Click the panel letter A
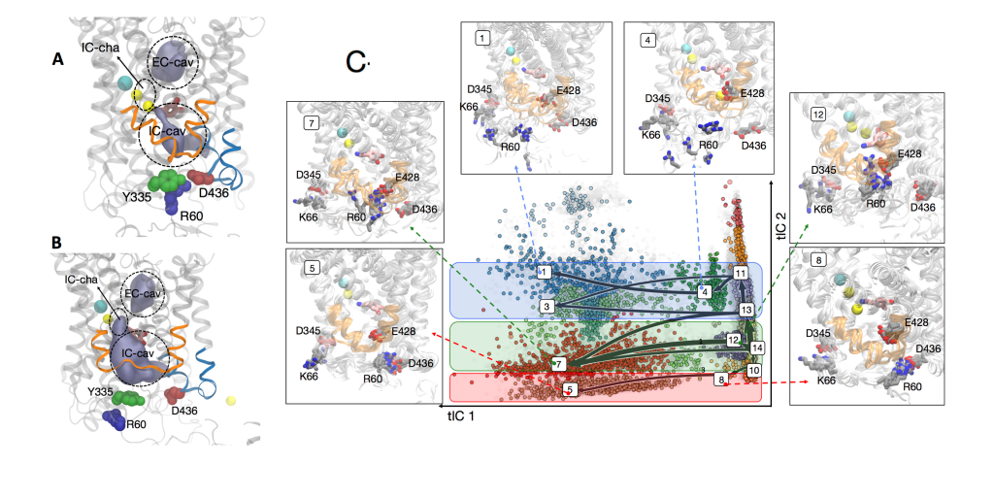(x=58, y=60)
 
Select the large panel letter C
(x=357, y=63)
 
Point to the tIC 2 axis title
(x=783, y=224)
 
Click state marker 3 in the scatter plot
(x=547, y=307)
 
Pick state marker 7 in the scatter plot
(x=557, y=363)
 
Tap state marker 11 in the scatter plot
(x=741, y=273)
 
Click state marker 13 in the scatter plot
(x=745, y=310)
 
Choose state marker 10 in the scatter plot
(x=753, y=370)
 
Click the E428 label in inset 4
(x=752, y=93)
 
